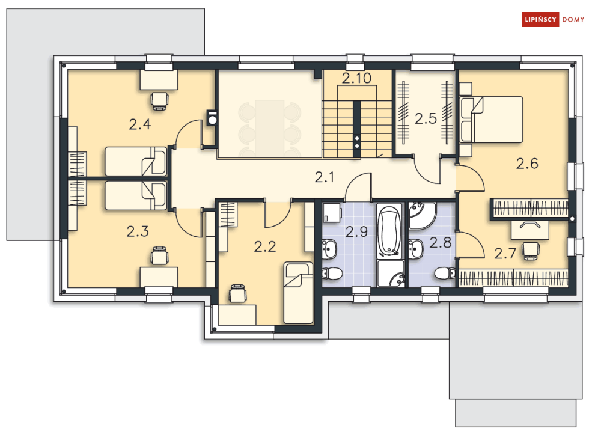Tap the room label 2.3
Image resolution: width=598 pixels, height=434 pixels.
click(x=138, y=231)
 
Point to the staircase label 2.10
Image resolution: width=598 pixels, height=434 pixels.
click(x=357, y=78)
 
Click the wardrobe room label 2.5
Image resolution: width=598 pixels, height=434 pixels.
click(x=426, y=118)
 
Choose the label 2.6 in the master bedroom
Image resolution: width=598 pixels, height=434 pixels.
click(x=526, y=163)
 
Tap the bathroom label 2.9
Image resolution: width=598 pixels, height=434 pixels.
click(x=356, y=231)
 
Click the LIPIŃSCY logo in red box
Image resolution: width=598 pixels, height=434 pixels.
click(x=540, y=20)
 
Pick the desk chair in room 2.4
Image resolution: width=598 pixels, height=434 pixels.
click(x=159, y=100)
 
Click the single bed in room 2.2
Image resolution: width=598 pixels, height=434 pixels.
click(x=299, y=293)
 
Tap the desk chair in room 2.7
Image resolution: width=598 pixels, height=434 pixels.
click(x=530, y=249)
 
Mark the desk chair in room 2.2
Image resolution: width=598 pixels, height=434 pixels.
click(x=237, y=293)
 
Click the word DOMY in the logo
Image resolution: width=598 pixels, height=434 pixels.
click(x=573, y=20)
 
